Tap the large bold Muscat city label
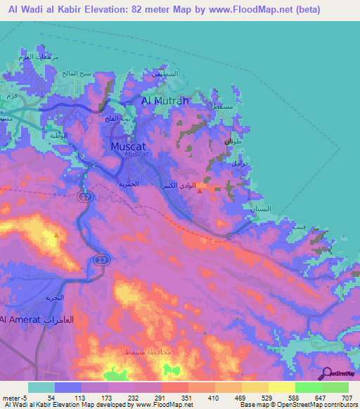[x=127, y=146]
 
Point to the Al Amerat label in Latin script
[x=15, y=320]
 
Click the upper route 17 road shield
[x=85, y=199]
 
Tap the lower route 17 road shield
[x=100, y=260]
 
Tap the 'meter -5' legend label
[x=13, y=398]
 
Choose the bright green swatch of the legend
[x=309, y=387]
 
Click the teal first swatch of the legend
[x=41, y=387]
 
